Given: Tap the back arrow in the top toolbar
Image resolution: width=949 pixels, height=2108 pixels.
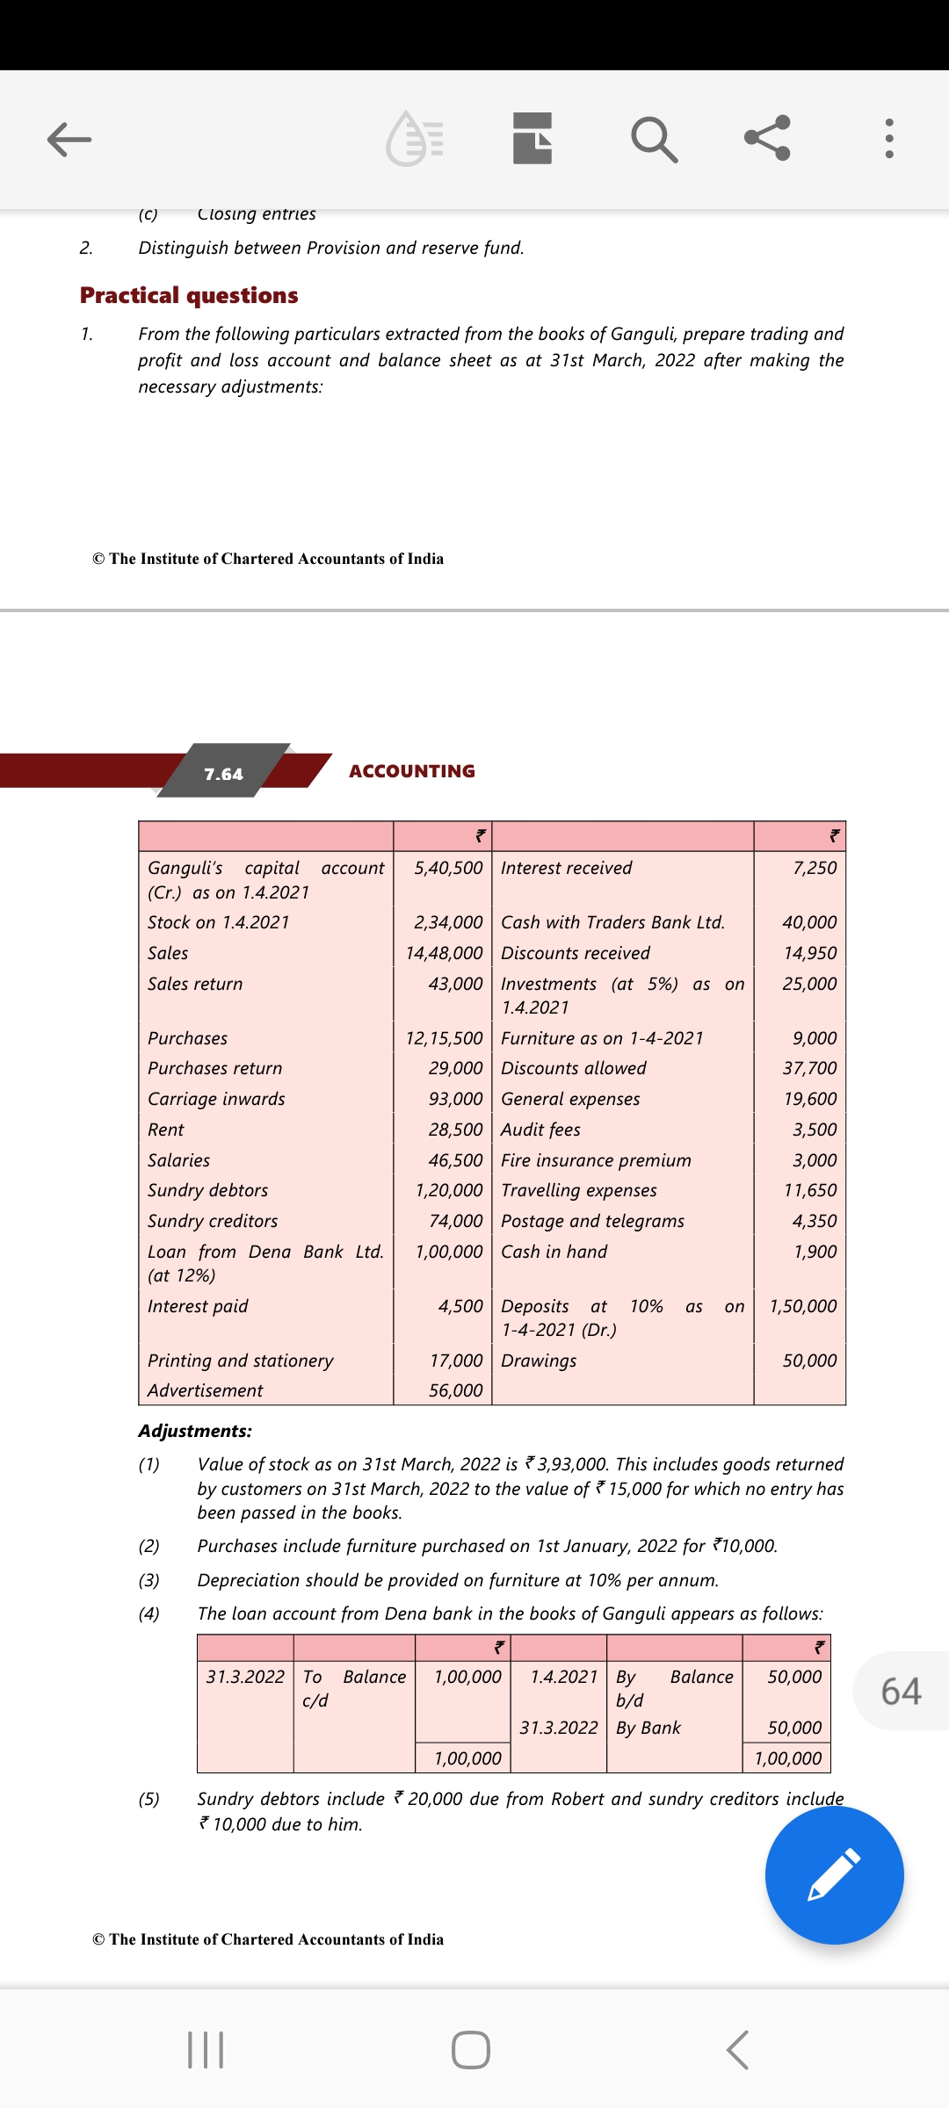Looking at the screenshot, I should pyautogui.click(x=69, y=139).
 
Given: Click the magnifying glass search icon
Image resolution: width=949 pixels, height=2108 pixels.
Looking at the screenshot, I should pyautogui.click(x=654, y=139).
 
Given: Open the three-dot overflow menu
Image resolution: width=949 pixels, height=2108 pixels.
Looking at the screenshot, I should pyautogui.click(x=889, y=139).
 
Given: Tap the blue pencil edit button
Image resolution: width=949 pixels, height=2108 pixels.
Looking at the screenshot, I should pyautogui.click(x=834, y=1874).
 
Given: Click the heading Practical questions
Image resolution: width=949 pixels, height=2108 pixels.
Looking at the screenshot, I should pyautogui.click(x=189, y=295).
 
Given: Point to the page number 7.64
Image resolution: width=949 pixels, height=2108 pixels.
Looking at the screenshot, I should pyautogui.click(x=223, y=774).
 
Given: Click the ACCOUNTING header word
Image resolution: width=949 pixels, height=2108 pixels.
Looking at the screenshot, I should pyautogui.click(x=412, y=771).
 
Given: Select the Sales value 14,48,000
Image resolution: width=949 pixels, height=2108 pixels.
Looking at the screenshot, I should pyautogui.click(x=444, y=953).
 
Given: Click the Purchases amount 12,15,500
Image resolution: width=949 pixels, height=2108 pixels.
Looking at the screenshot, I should pyautogui.click(x=444, y=1038).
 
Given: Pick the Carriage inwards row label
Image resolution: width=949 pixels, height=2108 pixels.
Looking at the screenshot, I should pyautogui.click(x=216, y=1099).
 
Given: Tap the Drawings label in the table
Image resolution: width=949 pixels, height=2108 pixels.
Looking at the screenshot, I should pyautogui.click(x=539, y=1361).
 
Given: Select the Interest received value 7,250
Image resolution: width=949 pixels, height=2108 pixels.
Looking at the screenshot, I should pyautogui.click(x=815, y=868).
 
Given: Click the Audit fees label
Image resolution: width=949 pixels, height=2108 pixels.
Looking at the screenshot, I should pyautogui.click(x=540, y=1130).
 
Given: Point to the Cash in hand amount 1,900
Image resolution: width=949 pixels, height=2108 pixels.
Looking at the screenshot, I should pyautogui.click(x=815, y=1252).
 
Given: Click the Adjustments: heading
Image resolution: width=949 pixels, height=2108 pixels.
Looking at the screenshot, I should pyautogui.click(x=195, y=1431).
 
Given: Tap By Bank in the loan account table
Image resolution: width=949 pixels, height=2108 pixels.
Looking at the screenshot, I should pyautogui.click(x=648, y=1728).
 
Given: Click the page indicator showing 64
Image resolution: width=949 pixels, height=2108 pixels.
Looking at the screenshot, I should pyautogui.click(x=901, y=1691).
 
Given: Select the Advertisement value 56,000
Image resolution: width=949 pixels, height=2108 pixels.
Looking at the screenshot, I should pyautogui.click(x=455, y=1390).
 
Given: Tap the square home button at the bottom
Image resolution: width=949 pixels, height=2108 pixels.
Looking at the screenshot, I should pyautogui.click(x=471, y=2050).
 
